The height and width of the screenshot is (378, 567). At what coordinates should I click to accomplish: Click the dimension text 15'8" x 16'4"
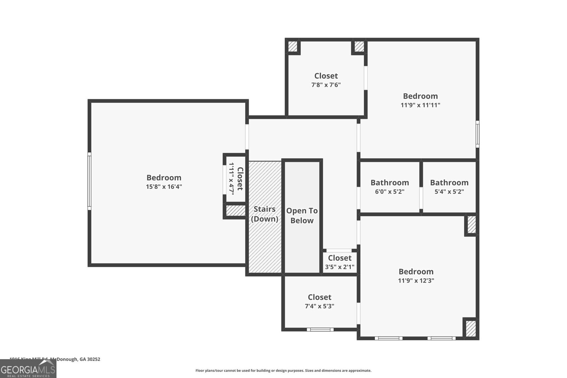pyautogui.click(x=164, y=187)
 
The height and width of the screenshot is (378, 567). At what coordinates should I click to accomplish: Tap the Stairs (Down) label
pyautogui.click(x=264, y=214)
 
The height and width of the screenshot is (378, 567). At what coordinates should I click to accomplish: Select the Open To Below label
pyautogui.click(x=302, y=216)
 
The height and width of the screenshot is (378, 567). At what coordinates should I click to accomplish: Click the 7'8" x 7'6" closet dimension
pyautogui.click(x=326, y=85)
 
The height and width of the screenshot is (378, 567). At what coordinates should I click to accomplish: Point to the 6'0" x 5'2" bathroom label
pyautogui.click(x=389, y=191)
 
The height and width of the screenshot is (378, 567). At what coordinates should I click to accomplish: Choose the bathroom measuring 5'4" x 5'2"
pyautogui.click(x=449, y=187)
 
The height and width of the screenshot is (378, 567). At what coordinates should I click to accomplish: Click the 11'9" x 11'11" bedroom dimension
pyautogui.click(x=420, y=105)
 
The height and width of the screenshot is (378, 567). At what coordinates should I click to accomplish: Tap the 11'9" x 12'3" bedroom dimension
pyautogui.click(x=416, y=280)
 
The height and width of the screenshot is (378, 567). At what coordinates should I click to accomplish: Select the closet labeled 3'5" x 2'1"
pyautogui.click(x=339, y=262)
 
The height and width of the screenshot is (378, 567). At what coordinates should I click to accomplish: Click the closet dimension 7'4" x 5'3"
pyautogui.click(x=319, y=306)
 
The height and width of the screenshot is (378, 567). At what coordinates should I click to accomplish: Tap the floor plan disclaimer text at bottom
pyautogui.click(x=283, y=371)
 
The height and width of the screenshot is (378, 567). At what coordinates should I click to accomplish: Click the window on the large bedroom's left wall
pyautogui.click(x=89, y=181)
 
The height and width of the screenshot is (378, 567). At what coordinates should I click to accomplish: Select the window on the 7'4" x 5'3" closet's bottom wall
pyautogui.click(x=320, y=329)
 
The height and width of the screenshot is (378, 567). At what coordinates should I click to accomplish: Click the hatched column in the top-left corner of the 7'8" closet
pyautogui.click(x=292, y=46)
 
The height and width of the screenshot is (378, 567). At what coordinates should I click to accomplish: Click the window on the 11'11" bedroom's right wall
pyautogui.click(x=477, y=134)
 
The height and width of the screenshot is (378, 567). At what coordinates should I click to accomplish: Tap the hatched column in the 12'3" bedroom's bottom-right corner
pyautogui.click(x=471, y=328)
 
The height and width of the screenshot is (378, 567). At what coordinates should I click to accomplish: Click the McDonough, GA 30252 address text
pyautogui.click(x=75, y=359)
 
